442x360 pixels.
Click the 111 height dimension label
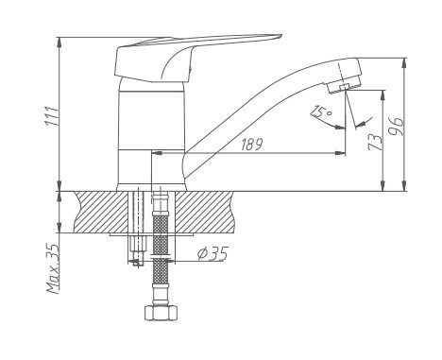52,116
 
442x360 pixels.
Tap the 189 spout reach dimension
251,145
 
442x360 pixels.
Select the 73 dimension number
375,142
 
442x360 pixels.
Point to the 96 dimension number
396,126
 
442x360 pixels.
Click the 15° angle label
321,111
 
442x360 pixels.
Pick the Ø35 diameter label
212,253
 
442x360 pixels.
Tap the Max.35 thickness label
53,268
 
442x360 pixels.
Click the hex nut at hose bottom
161,313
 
